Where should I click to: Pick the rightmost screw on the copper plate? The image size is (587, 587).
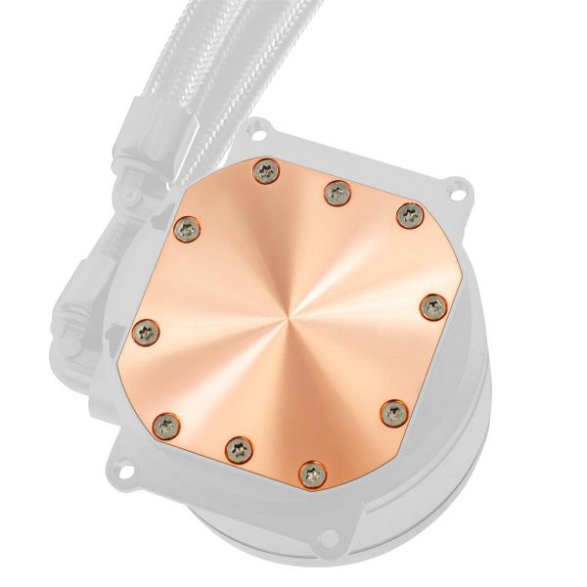pyautogui.click(x=431, y=306)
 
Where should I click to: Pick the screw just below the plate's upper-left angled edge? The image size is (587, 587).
pyautogui.click(x=187, y=229)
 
